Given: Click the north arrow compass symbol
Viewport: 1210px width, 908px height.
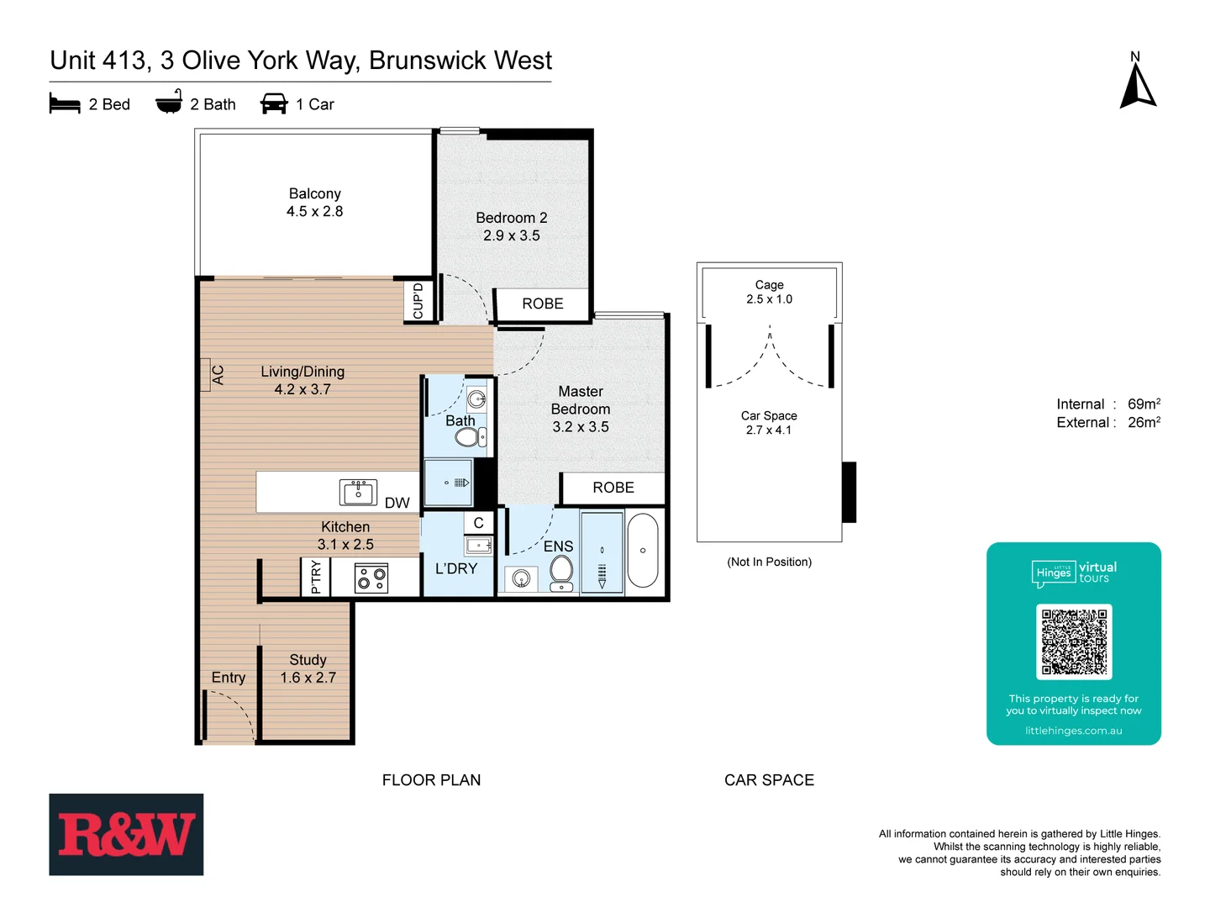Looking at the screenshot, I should tap(1138, 87).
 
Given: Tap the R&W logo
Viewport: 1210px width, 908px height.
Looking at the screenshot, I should tap(126, 834).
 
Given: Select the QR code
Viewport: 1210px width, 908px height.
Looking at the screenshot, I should tap(1074, 641).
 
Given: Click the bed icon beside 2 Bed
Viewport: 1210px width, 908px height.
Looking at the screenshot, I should tap(65, 104).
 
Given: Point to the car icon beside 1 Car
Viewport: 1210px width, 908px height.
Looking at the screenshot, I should tap(274, 104).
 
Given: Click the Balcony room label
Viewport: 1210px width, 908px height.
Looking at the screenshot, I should tap(314, 194).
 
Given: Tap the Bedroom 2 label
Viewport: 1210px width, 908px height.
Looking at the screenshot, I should tap(511, 218).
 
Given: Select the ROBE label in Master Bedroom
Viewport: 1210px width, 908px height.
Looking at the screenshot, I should tap(613, 488).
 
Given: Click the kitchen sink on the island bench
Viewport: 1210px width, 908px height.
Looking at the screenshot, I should tap(358, 492).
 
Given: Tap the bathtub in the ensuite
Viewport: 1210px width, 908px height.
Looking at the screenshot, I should tap(643, 551).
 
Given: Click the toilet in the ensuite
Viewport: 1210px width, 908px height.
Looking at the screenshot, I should tap(560, 572).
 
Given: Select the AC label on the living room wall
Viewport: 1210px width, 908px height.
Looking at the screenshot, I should tap(218, 375).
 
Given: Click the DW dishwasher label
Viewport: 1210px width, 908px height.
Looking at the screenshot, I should tap(397, 503).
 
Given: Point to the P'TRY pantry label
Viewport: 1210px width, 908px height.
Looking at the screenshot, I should tap(316, 578).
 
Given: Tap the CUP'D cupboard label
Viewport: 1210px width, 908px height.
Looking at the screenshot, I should tap(418, 301).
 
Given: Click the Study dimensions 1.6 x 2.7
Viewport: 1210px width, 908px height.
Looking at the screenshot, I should tap(308, 678).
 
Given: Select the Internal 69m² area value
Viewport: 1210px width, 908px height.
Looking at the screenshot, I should tap(1143, 404).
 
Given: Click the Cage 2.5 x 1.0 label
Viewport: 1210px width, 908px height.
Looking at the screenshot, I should tap(769, 292).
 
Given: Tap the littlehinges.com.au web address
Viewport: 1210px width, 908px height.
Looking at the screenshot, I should tap(1073, 731).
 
